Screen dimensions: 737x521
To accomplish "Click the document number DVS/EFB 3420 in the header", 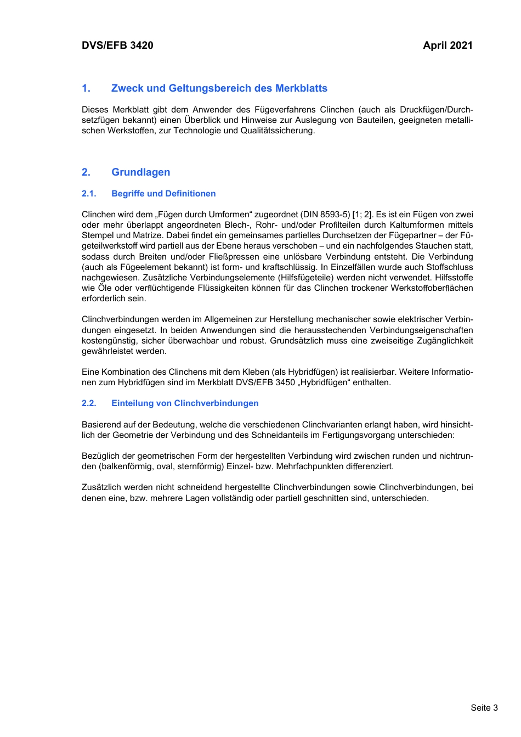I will [x=117, y=46].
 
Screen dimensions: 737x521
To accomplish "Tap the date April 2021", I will [x=448, y=46].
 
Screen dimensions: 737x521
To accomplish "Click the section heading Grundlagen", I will [x=140, y=172].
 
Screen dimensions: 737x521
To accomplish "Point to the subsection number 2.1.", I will [x=89, y=194].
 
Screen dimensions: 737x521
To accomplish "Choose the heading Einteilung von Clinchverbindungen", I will [x=185, y=403].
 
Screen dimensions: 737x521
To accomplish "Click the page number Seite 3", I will [x=484, y=707].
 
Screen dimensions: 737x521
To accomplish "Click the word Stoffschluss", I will [x=449, y=267].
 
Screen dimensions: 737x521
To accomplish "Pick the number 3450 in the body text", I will [x=285, y=382].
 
